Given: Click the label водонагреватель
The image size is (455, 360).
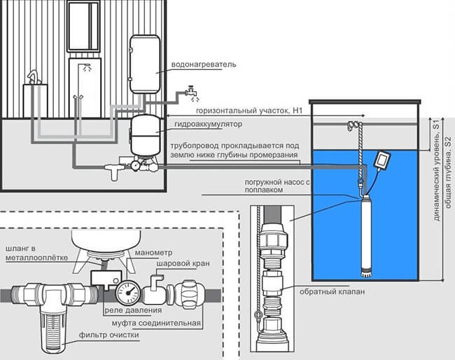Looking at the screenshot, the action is [x=204, y=64].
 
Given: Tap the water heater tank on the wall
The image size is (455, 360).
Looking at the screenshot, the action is [x=144, y=64].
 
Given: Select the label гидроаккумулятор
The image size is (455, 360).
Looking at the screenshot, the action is [x=209, y=124].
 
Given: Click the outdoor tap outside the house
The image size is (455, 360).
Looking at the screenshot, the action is [x=190, y=92].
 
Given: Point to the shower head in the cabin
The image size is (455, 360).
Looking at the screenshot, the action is [x=87, y=67].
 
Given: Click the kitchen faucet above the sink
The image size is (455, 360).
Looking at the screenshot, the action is [x=34, y=77].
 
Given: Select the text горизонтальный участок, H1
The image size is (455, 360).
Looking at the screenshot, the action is [x=249, y=111].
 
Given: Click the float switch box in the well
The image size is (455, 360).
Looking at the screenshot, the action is [x=383, y=160].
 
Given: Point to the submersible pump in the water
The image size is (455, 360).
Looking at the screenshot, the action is [x=365, y=235].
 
